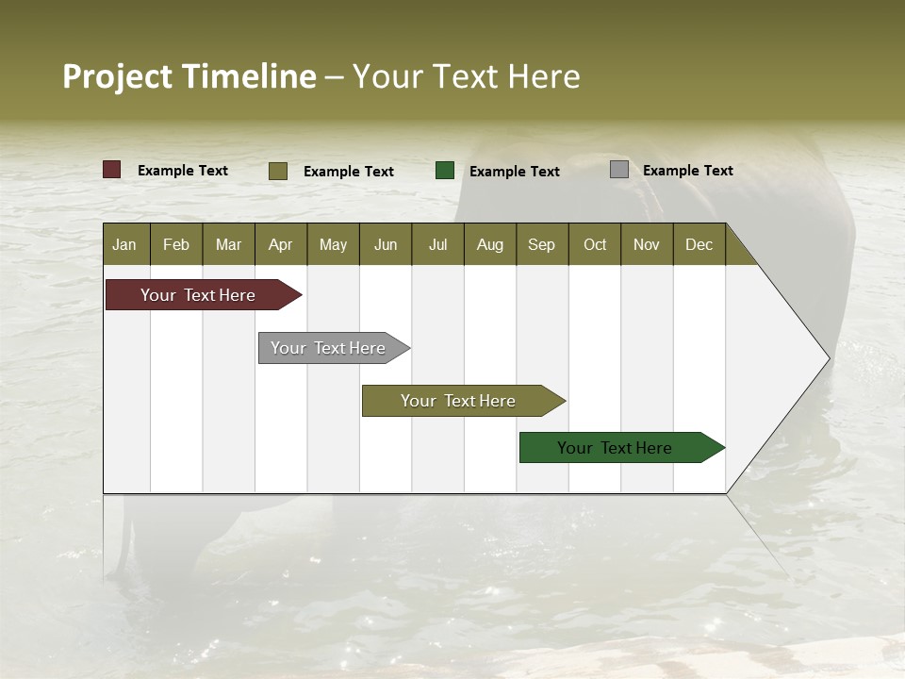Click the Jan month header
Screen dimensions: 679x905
coord(124,245)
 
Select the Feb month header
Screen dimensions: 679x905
coord(176,245)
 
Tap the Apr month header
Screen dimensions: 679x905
coord(280,245)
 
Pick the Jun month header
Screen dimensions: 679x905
coord(386,245)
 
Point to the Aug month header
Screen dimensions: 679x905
coord(489,245)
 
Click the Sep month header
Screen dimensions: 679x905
coord(541,245)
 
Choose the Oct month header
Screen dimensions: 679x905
coord(595,245)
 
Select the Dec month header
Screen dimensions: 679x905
coord(699,245)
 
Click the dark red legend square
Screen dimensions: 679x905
coord(112,170)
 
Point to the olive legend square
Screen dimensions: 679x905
coord(278,171)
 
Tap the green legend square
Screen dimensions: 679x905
coord(445,170)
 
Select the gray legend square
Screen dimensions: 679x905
coord(619,170)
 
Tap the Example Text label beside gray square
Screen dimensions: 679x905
coord(687,171)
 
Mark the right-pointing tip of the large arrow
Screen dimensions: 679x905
coord(828,358)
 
